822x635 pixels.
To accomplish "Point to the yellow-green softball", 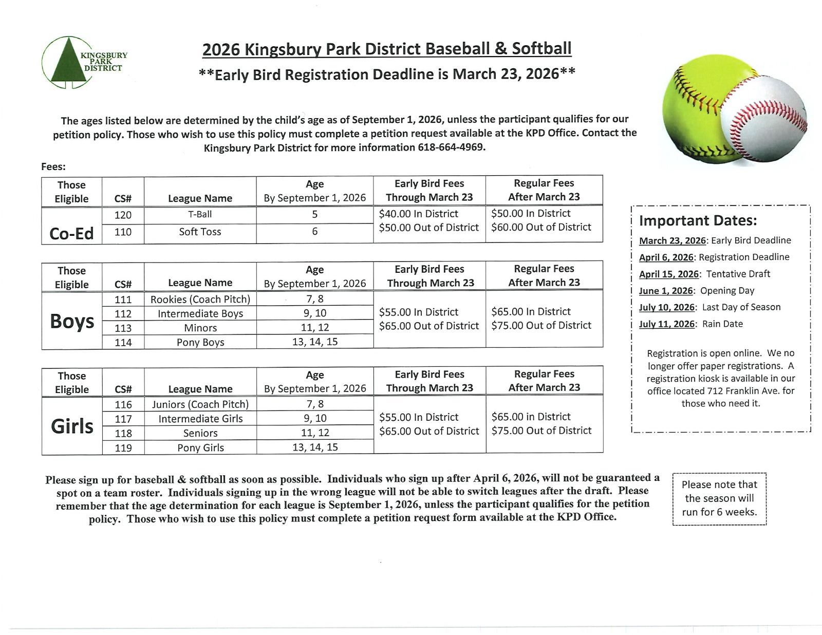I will (694, 103).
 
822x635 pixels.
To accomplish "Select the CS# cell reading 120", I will (123, 215).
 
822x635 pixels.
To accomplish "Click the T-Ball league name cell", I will (200, 214).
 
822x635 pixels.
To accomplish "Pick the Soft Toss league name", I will (200, 232).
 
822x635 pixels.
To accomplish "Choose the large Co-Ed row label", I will (71, 234).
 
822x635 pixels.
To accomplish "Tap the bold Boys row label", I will (72, 321).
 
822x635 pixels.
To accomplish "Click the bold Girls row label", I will (72, 426).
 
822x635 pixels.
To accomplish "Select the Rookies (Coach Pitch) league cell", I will (200, 299).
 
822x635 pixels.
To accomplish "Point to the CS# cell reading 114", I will (123, 342).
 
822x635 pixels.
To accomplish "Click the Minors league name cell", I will (200, 328).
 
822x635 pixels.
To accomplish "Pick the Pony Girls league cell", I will (200, 447).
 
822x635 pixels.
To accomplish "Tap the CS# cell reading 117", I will (123, 419).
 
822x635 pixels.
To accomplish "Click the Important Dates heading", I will (698, 220).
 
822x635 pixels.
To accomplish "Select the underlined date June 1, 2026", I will (666, 291).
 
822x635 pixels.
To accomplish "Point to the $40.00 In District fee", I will (418, 214).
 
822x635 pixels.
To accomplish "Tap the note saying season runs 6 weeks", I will (719, 498).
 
